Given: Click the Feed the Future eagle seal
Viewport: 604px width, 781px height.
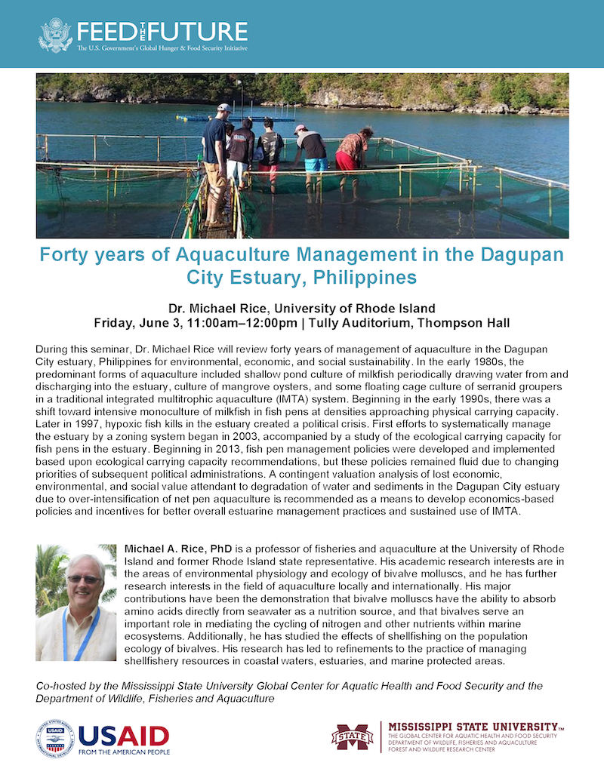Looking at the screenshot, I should point(55,34).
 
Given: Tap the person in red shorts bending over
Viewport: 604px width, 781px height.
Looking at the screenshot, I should point(352,159).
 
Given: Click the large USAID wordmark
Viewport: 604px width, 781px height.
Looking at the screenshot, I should point(123,734).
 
